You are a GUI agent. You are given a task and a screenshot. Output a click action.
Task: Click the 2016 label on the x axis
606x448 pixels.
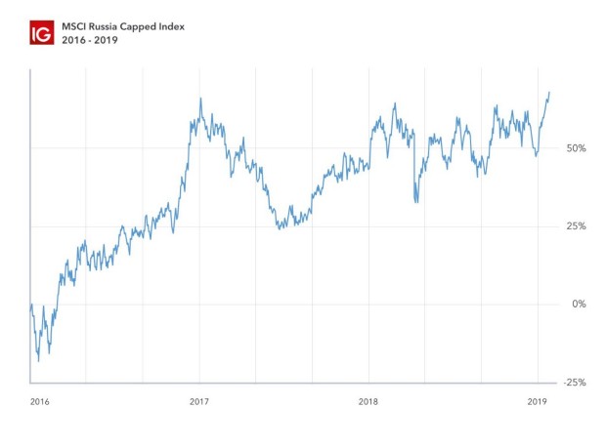(x=39, y=401)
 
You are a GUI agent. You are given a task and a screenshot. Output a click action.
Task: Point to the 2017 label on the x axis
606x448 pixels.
(x=199, y=401)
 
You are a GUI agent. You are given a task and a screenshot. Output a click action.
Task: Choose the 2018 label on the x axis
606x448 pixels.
(x=368, y=401)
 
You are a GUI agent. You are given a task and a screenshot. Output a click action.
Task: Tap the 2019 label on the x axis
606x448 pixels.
(x=537, y=401)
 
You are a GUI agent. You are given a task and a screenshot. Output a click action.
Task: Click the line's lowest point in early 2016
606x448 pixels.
(x=39, y=360)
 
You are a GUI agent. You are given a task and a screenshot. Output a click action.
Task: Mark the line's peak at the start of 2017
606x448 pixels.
(x=200, y=99)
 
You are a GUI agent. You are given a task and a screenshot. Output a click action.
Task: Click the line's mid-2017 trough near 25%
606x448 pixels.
(x=279, y=228)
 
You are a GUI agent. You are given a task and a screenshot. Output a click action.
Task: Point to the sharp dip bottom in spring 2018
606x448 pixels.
(x=416, y=202)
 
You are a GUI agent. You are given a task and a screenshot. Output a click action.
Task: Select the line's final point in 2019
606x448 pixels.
(x=549, y=92)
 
